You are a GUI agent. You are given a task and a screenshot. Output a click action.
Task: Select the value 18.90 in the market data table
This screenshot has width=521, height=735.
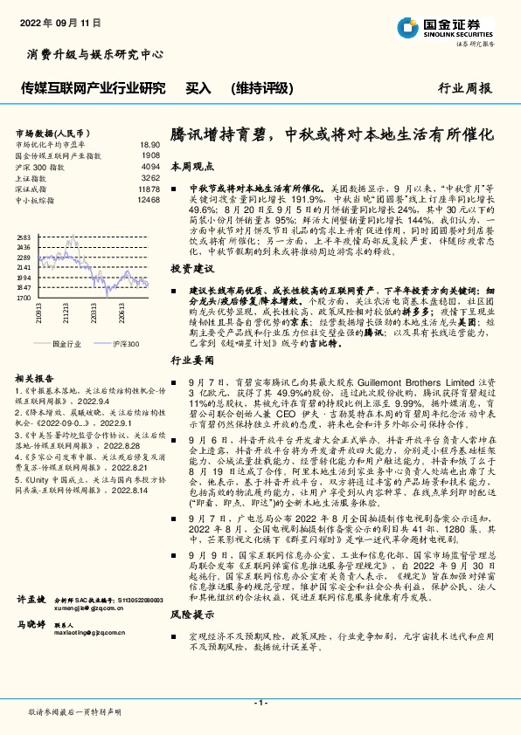(x=149, y=144)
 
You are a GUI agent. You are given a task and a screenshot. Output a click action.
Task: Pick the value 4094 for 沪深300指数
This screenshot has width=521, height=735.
(x=150, y=166)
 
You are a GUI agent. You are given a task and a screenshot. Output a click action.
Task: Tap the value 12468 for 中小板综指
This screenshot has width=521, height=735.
(x=149, y=200)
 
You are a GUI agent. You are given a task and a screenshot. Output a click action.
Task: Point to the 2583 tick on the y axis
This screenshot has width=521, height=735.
(x=24, y=237)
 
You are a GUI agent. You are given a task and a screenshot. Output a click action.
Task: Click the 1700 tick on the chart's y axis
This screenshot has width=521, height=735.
(x=24, y=298)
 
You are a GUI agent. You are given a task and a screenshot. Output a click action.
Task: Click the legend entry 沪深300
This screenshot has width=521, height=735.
(x=124, y=345)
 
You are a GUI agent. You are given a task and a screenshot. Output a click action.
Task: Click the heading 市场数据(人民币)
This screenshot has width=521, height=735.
(x=47, y=133)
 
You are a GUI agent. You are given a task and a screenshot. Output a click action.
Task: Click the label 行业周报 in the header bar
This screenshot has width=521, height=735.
(x=464, y=88)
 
